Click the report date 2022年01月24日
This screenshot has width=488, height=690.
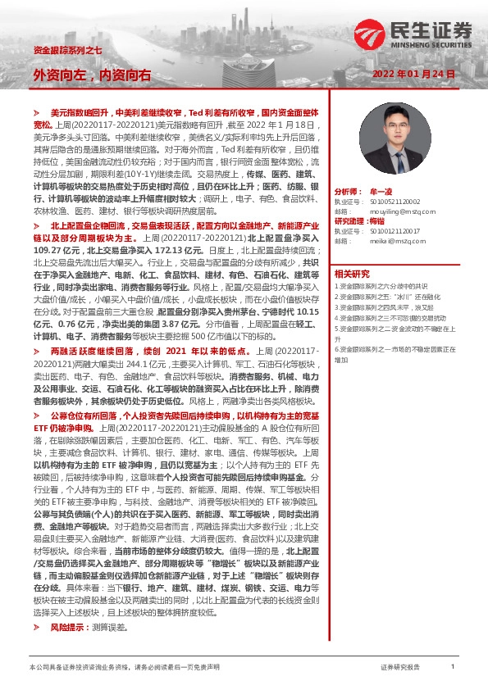coord(419,75)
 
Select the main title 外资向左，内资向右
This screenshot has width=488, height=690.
coord(92,75)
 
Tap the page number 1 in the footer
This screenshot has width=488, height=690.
coord(452,667)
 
